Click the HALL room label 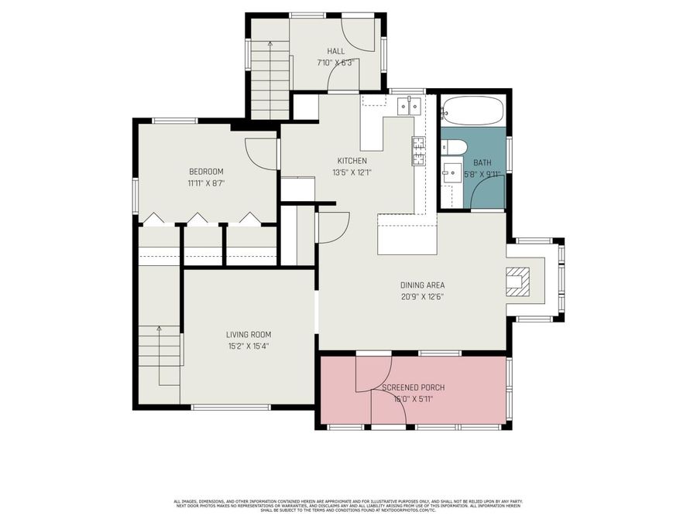point(335,51)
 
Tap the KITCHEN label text point(352,161)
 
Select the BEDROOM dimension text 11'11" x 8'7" point(206,183)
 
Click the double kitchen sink point(409,106)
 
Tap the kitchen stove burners point(418,151)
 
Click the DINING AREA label point(422,285)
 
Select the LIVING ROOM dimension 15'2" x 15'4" point(248,346)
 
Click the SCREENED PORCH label point(413,387)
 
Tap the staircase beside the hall point(270,81)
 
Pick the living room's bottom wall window point(230,407)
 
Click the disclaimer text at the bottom point(348,506)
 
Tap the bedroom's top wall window point(175,120)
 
